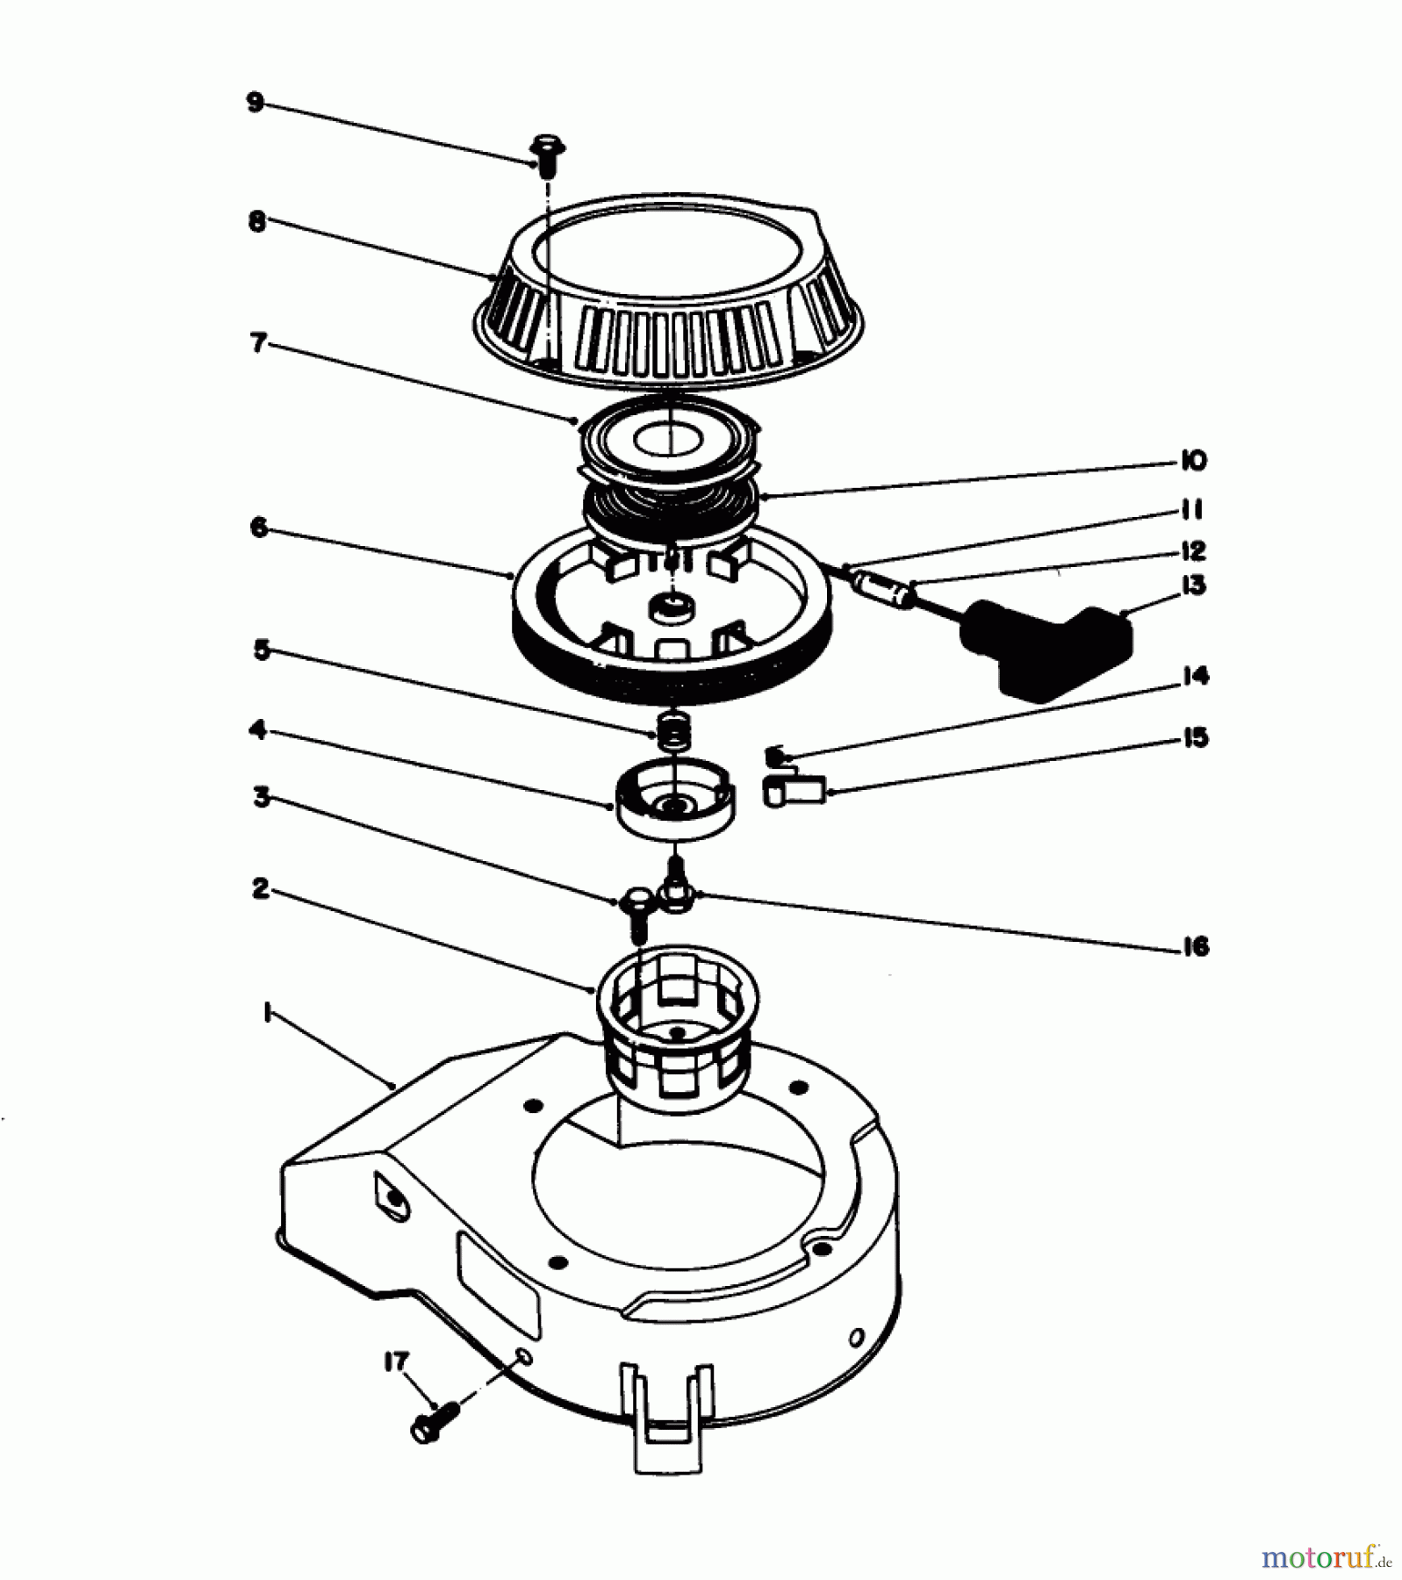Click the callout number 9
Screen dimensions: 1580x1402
click(x=255, y=103)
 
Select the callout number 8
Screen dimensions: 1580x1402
click(x=256, y=221)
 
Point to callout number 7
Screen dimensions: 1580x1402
click(x=258, y=342)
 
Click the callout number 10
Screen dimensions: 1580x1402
click(x=1193, y=461)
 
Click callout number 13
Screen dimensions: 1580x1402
click(x=1195, y=585)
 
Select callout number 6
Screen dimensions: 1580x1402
click(x=258, y=528)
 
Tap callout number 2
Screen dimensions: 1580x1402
click(x=261, y=888)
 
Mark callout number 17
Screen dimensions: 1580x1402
click(x=396, y=1362)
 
